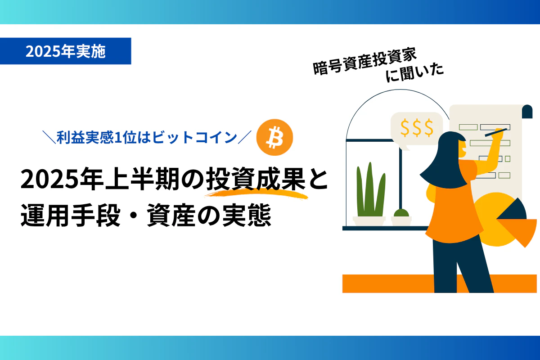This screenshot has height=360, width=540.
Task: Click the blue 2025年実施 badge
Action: [x=65, y=51]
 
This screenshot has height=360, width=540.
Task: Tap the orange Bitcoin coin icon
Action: [x=274, y=137]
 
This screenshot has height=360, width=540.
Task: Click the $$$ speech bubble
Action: [x=416, y=128]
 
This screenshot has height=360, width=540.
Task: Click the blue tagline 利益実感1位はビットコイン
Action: [x=147, y=137]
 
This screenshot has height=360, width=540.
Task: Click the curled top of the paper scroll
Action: [x=527, y=111]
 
